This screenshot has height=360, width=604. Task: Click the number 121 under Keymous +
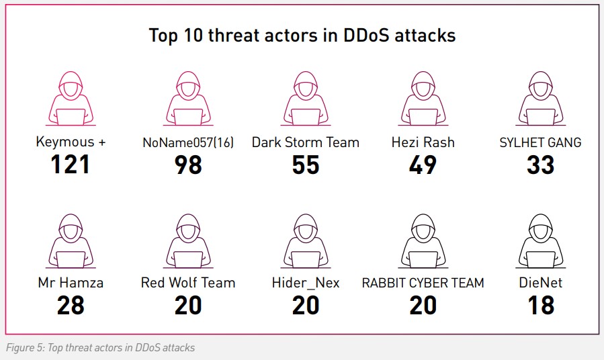click(x=70, y=165)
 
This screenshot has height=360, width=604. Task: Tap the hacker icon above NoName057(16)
click(x=188, y=99)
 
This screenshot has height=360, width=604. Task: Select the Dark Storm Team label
click(x=306, y=142)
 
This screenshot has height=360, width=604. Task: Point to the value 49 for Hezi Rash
click(x=423, y=165)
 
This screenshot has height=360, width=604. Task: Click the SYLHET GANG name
click(x=540, y=142)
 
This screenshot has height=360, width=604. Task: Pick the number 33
click(x=540, y=165)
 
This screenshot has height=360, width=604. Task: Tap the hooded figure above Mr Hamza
click(x=71, y=241)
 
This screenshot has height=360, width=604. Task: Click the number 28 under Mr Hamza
click(x=71, y=306)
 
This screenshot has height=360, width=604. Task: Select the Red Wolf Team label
click(x=188, y=283)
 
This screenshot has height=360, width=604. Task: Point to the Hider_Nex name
click(x=306, y=283)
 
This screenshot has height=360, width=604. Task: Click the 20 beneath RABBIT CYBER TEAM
click(x=423, y=306)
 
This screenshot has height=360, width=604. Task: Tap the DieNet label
click(x=540, y=283)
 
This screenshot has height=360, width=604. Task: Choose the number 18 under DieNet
click(x=541, y=306)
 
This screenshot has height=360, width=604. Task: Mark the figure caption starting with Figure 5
click(x=101, y=348)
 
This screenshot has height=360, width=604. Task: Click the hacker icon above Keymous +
click(x=71, y=99)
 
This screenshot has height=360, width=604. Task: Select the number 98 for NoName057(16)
click(x=188, y=165)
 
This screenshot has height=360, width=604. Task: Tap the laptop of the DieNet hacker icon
click(x=540, y=259)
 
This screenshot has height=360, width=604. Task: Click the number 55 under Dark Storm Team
click(x=306, y=165)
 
